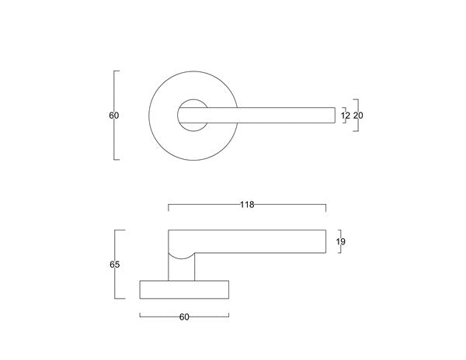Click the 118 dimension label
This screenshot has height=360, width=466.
tap(247, 205)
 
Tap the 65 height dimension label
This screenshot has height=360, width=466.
tap(114, 265)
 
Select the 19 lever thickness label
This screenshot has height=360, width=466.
tap(341, 242)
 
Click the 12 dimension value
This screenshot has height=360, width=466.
tap(346, 116)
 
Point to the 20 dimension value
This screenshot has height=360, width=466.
tap(358, 116)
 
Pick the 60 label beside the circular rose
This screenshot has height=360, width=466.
tap(114, 116)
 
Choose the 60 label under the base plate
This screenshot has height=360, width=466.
tap(184, 317)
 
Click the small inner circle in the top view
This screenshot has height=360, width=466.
tap(193, 100)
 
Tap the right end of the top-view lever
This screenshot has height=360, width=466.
tap(335, 115)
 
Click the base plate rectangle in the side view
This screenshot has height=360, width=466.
tap(184, 298)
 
